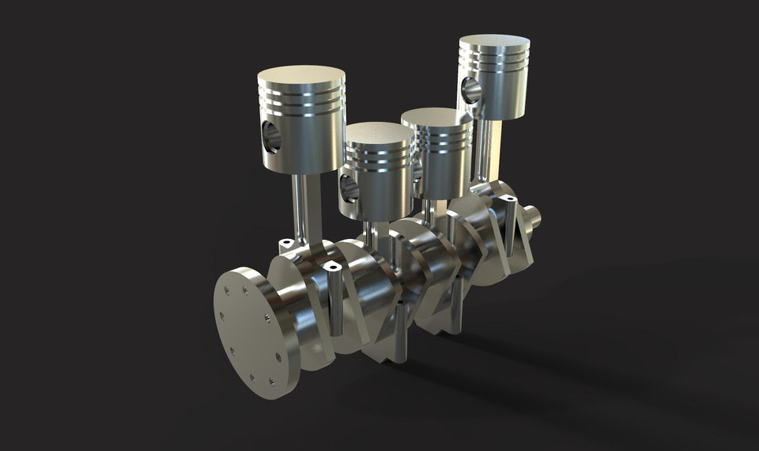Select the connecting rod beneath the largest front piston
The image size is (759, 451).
click(304, 206)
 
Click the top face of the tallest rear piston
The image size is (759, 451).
click(494, 42)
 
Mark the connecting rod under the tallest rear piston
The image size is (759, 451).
click(484, 150)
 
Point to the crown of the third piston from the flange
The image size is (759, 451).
click(436, 116)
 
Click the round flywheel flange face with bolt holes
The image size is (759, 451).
click(247, 332)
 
